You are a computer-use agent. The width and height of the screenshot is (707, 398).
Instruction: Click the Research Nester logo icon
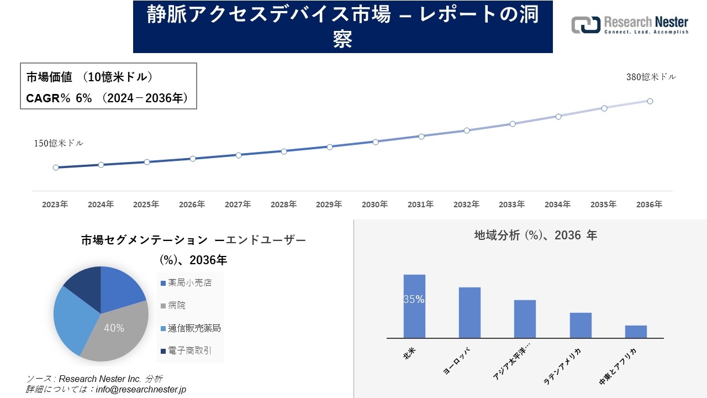coord(585,25)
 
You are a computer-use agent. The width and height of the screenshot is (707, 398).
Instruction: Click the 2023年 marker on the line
coord(56,167)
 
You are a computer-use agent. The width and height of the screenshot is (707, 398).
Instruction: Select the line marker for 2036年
coord(650,101)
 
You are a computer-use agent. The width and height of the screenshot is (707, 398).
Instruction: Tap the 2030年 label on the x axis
coord(374,205)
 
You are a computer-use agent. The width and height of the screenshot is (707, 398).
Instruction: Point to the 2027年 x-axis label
coord(238,205)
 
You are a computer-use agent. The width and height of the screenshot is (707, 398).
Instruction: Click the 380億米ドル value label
coord(651,77)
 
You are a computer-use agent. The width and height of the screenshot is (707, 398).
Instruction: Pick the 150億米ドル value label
coord(59,143)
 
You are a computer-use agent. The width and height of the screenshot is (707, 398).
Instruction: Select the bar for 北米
coord(414,306)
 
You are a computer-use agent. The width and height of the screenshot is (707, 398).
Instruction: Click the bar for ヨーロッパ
coord(469,312)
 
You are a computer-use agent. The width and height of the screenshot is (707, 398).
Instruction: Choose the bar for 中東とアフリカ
coord(636,332)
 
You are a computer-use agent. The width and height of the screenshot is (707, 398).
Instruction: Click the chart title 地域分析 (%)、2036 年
coord(535,235)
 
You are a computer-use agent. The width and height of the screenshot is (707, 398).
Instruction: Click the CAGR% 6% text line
coord(107,98)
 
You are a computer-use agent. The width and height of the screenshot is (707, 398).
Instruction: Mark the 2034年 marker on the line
coord(558,117)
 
